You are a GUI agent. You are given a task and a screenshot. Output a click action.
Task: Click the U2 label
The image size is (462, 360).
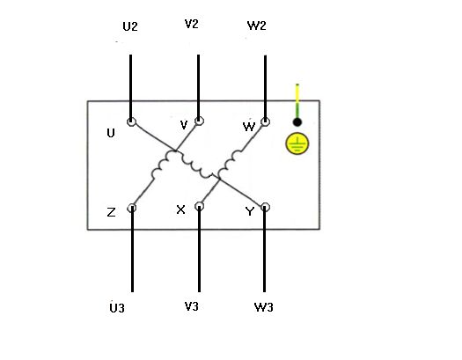(x=130, y=26)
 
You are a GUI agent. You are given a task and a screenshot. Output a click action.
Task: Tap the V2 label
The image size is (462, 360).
(x=192, y=24)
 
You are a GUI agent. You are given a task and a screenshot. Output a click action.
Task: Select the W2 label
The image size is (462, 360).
(x=257, y=26)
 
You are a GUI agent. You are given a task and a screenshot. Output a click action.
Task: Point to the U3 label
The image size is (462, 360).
(x=117, y=308)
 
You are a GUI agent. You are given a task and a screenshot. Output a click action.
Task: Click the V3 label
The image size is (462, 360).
(x=192, y=306)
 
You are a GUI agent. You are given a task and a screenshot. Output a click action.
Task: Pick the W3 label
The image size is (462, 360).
(x=264, y=307)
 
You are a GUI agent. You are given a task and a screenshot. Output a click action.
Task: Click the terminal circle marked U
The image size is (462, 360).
(x=131, y=121)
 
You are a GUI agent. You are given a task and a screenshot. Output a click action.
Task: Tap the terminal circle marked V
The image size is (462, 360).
(x=199, y=121)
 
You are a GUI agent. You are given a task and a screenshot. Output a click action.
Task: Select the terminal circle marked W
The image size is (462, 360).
(x=265, y=121)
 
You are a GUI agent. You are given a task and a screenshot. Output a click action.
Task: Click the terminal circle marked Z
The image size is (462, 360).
(x=132, y=208)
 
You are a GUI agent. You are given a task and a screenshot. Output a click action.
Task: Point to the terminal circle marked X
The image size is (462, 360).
(x=200, y=206)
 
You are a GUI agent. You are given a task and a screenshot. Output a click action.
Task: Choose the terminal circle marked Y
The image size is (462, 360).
(x=265, y=207)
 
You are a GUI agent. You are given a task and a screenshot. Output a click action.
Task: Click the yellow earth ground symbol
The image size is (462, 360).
(x=297, y=143)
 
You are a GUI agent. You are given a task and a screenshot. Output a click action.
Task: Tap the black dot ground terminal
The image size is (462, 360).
(x=297, y=122)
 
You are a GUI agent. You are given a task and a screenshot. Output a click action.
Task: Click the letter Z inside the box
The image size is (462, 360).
(x=111, y=212)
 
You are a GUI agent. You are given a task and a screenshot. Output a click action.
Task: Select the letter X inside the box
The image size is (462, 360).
(x=180, y=209)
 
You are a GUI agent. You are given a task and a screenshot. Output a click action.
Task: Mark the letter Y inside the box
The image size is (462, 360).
(x=250, y=211)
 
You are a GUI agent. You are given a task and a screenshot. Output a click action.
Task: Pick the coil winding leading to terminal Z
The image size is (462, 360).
(x=161, y=165)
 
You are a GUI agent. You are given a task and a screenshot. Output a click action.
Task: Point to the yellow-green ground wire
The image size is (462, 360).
(x=297, y=100)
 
